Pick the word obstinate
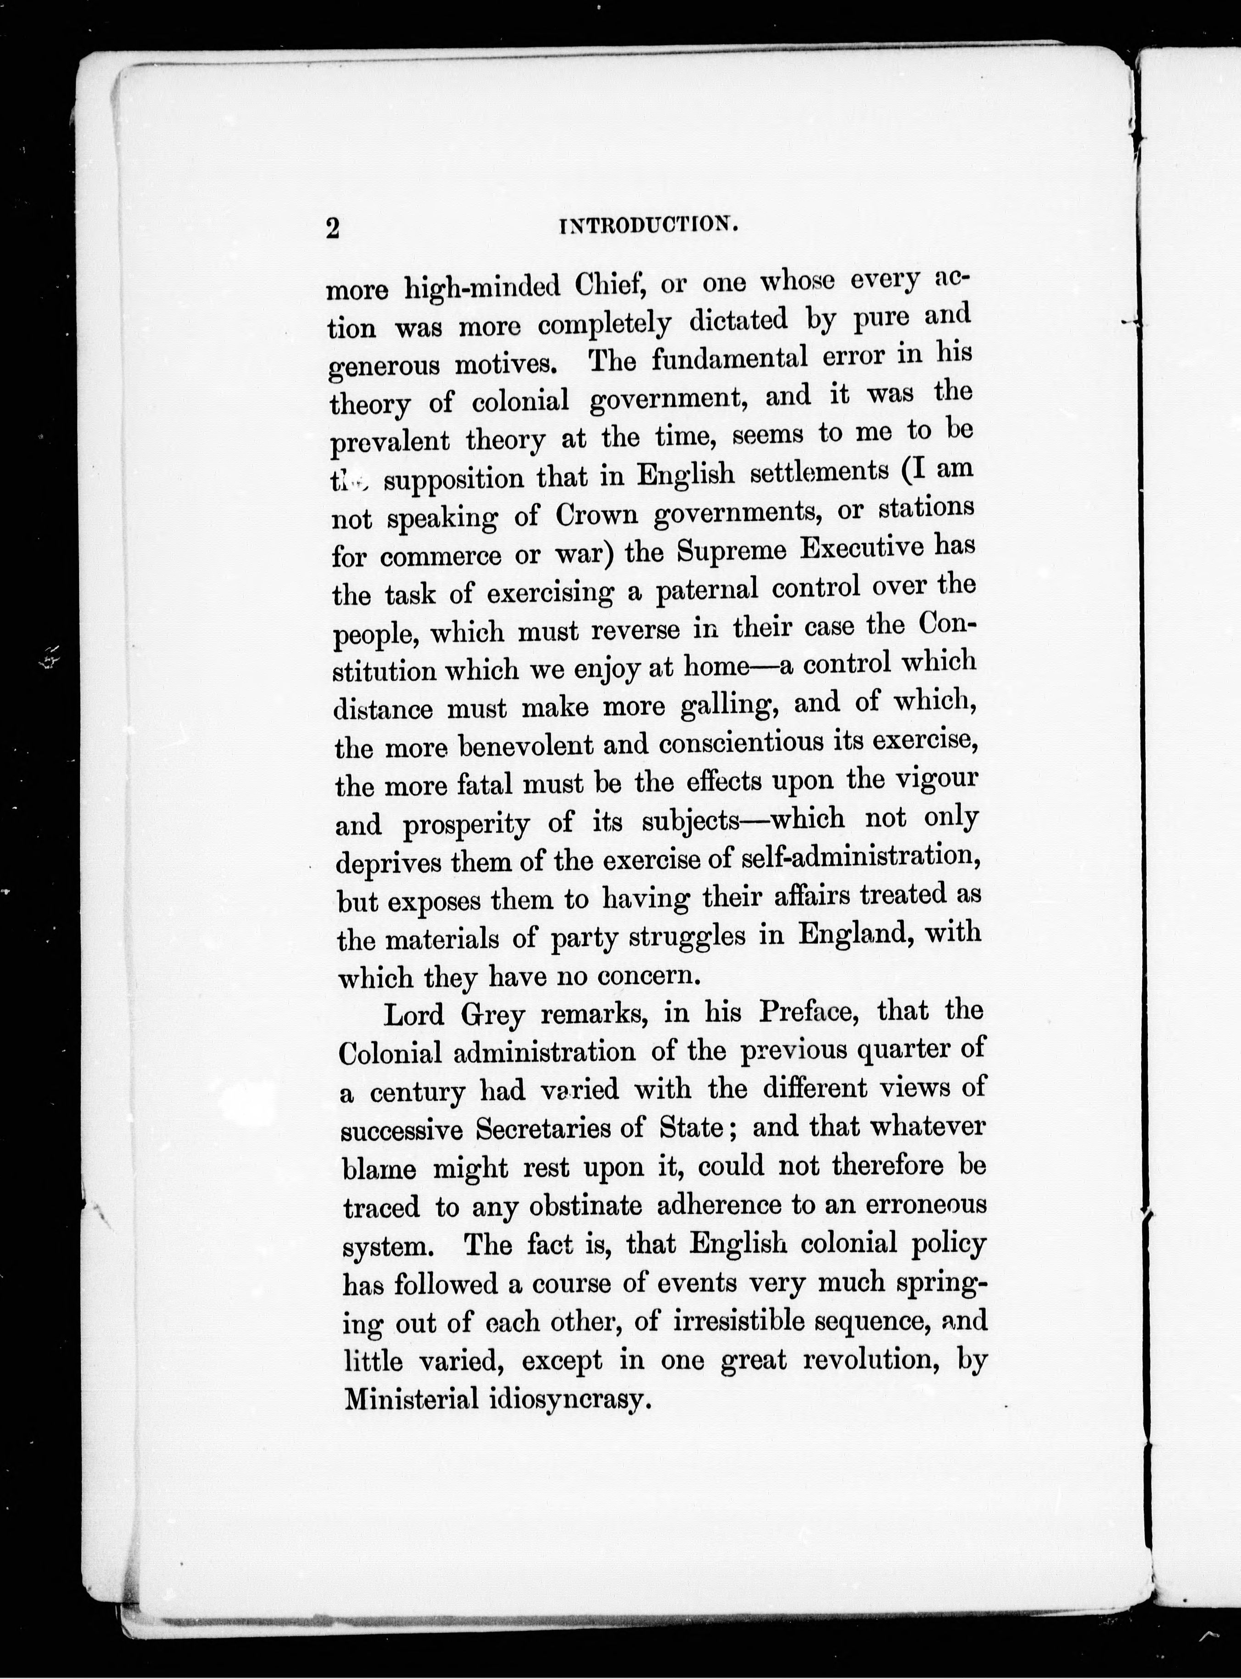[x=585, y=1207]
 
